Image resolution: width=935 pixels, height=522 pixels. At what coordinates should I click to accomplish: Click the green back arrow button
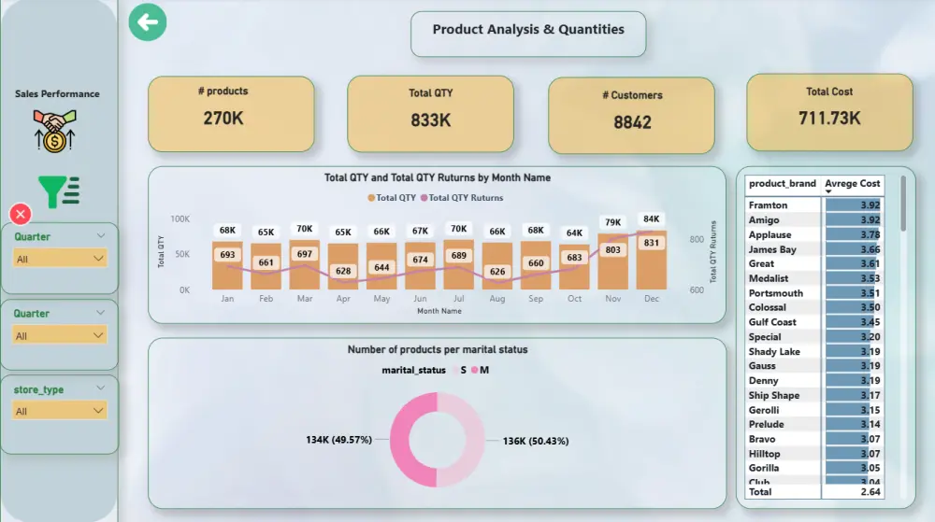[x=148, y=22]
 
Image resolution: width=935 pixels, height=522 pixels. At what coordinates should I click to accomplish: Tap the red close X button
[x=21, y=214]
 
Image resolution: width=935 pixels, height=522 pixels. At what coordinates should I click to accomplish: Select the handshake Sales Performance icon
[x=55, y=131]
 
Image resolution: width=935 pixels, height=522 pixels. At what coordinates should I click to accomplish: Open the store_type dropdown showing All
[x=60, y=411]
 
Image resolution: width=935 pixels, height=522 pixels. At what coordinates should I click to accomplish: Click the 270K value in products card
[x=224, y=118]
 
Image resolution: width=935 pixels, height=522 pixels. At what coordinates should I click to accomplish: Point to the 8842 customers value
[x=632, y=121]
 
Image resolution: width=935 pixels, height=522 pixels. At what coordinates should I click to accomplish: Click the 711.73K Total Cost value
[x=829, y=118]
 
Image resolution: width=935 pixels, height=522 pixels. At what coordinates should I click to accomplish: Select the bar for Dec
[x=652, y=261]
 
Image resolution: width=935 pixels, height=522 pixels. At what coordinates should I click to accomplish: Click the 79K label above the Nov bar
[x=612, y=222]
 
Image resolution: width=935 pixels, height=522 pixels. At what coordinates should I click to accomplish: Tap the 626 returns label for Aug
[x=496, y=272]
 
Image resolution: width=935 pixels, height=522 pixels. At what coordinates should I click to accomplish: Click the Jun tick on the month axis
[x=420, y=299]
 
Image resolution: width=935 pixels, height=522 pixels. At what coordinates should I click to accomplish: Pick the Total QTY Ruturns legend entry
[x=460, y=198]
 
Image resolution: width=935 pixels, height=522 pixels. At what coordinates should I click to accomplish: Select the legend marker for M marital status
[x=475, y=371]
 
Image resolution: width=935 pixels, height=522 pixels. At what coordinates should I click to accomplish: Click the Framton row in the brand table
[x=769, y=205]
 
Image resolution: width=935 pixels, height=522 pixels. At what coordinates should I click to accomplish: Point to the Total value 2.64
[x=870, y=491]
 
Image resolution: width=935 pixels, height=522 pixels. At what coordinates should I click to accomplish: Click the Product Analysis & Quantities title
[x=528, y=30]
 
